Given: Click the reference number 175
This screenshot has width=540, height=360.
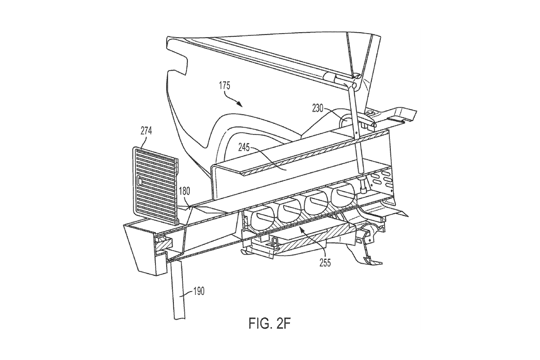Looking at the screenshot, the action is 224,86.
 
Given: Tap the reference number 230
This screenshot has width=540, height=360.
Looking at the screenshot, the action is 317,109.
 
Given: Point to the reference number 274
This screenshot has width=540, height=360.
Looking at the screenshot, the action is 146,131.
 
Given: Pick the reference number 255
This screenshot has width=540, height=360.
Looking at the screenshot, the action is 325,263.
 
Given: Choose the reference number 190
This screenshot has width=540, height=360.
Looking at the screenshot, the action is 198,291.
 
